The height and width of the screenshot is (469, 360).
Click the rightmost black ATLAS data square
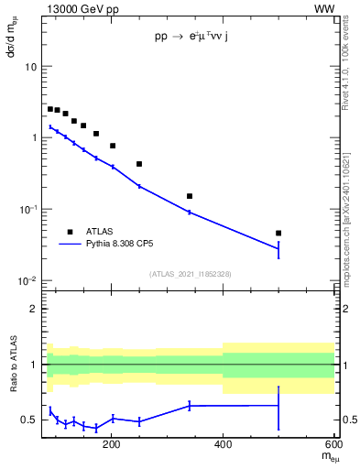click(x=278, y=234)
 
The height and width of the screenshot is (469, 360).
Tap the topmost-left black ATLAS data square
click(x=50, y=109)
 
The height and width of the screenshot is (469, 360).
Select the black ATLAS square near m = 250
click(x=139, y=164)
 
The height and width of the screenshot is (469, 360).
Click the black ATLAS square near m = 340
click(x=190, y=196)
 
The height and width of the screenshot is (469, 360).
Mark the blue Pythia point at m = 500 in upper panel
click(x=278, y=248)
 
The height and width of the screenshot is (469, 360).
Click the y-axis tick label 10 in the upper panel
click(x=30, y=67)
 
